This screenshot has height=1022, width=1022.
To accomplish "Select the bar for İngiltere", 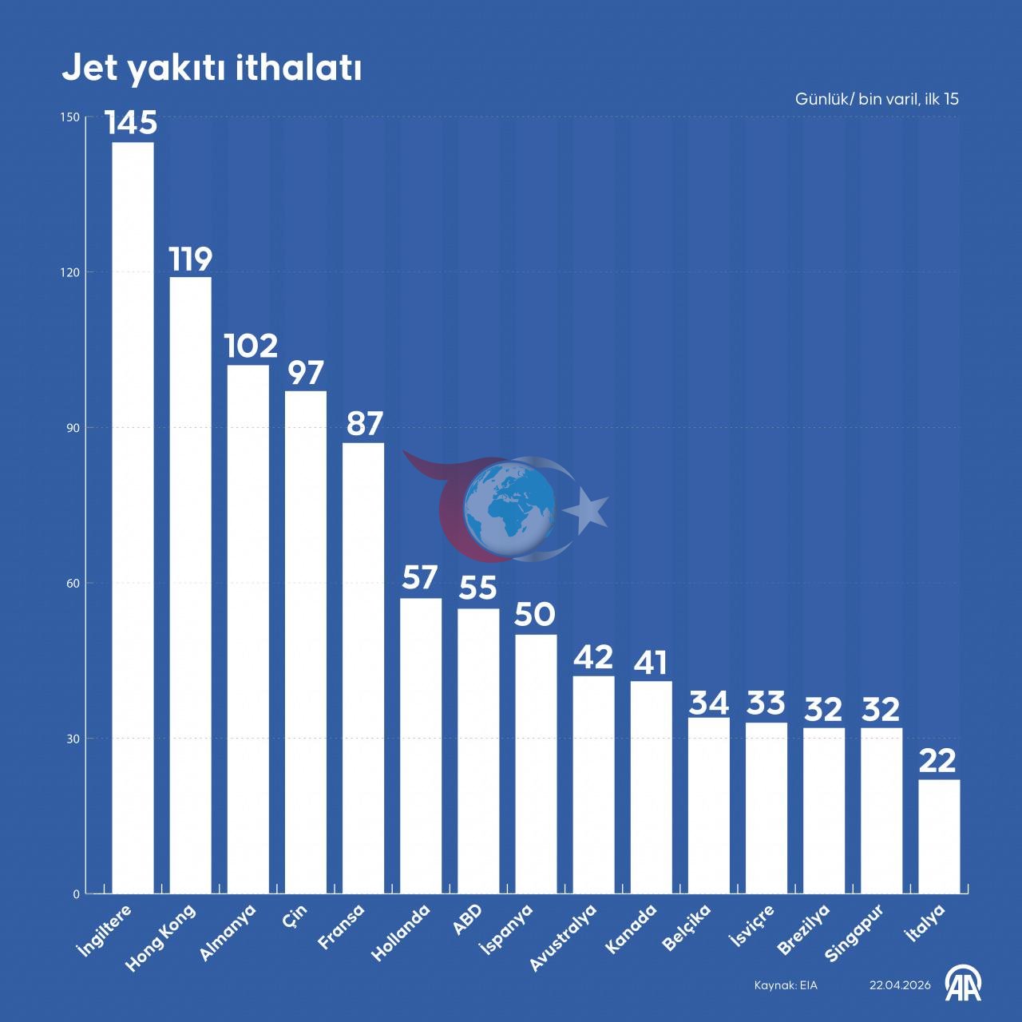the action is [x=133, y=517].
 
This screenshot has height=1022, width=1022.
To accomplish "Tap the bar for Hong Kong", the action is [x=190, y=585].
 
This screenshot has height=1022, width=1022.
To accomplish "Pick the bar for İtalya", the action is [x=939, y=837].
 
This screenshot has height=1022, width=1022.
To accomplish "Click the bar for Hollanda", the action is [x=421, y=746].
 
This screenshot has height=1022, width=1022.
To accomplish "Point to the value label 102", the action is [x=251, y=346].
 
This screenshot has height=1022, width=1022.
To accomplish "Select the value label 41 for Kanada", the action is [x=651, y=663].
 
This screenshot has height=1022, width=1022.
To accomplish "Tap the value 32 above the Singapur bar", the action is [x=881, y=709].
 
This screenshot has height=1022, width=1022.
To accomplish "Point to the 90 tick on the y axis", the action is [x=72, y=427].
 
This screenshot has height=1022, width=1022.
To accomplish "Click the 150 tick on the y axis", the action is [x=70, y=117].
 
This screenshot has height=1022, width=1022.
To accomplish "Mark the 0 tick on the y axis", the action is [x=76, y=894].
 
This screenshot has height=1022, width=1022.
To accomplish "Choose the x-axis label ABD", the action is [x=467, y=919].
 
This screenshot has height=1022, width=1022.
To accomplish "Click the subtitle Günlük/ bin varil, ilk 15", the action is [x=877, y=99].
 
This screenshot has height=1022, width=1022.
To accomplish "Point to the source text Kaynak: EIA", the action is [x=786, y=985].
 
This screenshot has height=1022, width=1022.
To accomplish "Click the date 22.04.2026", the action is [x=900, y=985].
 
